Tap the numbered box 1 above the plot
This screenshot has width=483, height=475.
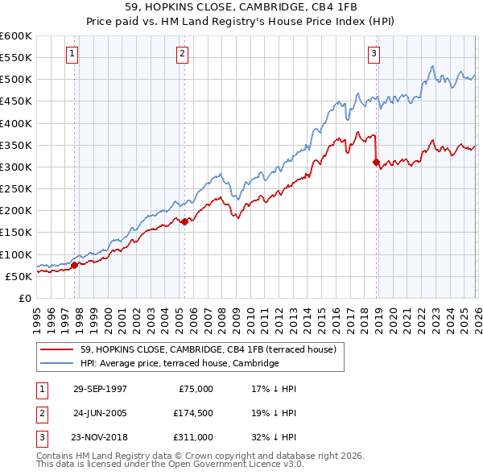[72, 54]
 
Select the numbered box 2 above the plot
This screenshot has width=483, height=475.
[183, 54]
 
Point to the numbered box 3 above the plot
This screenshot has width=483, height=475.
[374, 54]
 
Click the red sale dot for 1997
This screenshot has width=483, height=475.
[75, 264]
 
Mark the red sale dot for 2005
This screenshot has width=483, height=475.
[184, 221]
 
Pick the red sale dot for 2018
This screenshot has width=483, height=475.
[376, 162]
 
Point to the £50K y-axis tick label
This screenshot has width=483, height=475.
[19, 276]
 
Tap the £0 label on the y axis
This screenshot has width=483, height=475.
[26, 298]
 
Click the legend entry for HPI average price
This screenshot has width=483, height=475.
[179, 363]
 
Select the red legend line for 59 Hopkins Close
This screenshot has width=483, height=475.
[59, 349]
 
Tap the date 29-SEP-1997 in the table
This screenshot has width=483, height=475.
[100, 388]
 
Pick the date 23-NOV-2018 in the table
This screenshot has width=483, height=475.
[100, 437]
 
